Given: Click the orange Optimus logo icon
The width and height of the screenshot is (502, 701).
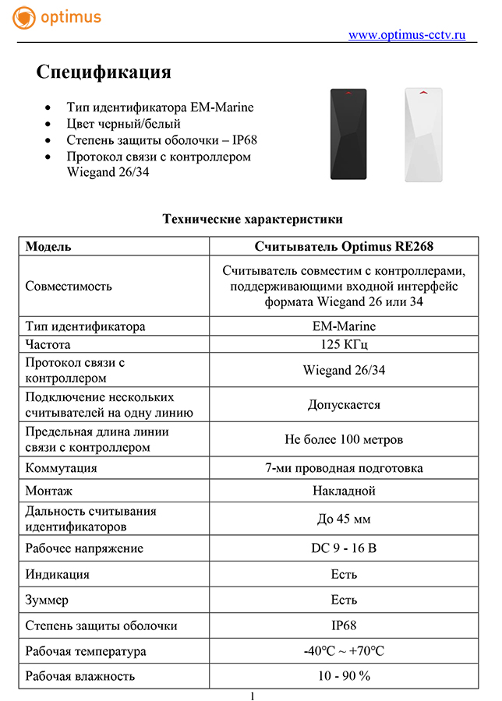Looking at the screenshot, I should tap(24, 18).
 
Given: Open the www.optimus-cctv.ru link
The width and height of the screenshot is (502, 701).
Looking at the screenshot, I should tap(406, 34).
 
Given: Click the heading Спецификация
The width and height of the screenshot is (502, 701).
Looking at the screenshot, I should tap(104, 72).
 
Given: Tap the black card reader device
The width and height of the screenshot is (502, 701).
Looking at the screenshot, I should tap(348, 133).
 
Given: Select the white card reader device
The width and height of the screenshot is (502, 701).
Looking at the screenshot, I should tap(422, 133).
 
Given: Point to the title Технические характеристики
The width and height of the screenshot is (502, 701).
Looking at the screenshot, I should tap(252, 219).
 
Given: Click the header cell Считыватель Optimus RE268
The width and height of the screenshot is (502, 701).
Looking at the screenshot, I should tap(344, 247).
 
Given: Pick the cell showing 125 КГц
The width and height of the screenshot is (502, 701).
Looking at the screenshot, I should tap(344, 344).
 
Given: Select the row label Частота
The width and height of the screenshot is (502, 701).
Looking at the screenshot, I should tap(48, 344).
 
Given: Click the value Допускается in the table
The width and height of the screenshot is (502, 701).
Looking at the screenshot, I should tap(344, 405).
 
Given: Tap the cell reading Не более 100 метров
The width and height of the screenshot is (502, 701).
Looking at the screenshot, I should tap(344, 440).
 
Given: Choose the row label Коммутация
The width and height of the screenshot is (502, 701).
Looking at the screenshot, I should tap(61, 468).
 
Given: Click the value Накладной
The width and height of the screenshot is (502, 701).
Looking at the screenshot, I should tap(344, 491).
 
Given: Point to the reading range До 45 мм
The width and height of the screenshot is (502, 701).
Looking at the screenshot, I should tap(344, 520).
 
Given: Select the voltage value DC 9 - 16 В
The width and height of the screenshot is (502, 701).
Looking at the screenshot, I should tap(344, 548).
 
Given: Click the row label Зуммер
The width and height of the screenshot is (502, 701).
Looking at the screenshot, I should tap(47, 600).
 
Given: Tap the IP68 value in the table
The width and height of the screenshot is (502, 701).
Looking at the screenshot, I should tap(344, 625).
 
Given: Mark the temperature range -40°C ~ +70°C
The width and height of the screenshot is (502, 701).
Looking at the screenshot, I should tap(344, 651).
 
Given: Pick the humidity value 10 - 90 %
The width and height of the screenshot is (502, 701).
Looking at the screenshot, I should tap(344, 676).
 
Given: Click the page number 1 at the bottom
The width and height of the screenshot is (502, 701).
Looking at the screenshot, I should tap(252, 695).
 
